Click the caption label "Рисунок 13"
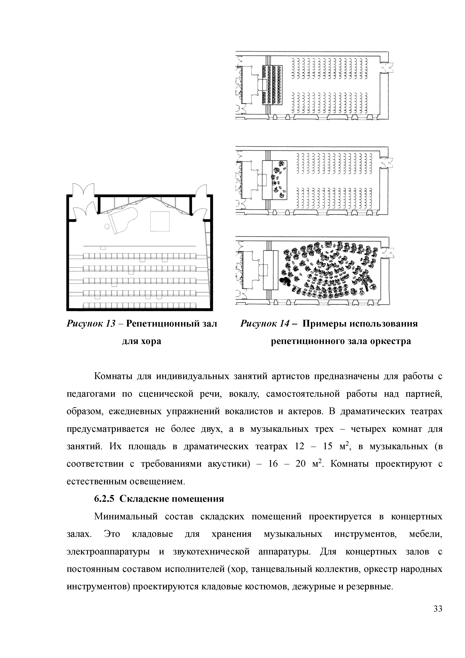(x=91, y=324)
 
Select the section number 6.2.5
(x=104, y=499)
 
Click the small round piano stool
(x=107, y=227)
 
